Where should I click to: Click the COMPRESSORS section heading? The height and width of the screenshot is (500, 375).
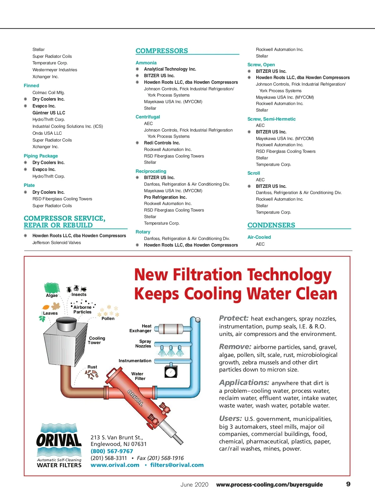(x=162, y=51)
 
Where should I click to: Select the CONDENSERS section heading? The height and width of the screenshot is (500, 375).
(x=271, y=225)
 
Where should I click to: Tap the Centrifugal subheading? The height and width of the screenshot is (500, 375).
(x=148, y=117)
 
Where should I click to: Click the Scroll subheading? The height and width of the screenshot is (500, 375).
(x=254, y=173)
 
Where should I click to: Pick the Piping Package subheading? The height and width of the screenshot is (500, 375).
(x=41, y=156)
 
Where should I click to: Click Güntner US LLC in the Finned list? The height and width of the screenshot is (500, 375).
(x=49, y=113)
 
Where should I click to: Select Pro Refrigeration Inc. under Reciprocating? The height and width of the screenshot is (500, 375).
(x=165, y=197)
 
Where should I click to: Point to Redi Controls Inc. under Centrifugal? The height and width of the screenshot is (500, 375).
(x=162, y=143)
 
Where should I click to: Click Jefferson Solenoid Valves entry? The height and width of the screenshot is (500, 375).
(x=57, y=242)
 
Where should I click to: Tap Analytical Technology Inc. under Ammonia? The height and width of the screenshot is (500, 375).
(x=170, y=69)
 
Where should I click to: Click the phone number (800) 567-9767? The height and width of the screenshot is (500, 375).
(x=112, y=451)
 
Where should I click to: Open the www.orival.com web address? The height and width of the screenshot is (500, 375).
(x=115, y=465)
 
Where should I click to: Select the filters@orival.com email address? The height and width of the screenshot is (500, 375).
(x=177, y=465)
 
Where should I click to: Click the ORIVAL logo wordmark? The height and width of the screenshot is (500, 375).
(x=59, y=440)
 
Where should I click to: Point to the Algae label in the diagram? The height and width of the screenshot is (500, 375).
(x=52, y=295)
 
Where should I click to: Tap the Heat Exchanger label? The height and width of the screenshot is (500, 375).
(x=140, y=328)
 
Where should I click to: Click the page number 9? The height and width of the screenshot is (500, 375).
(x=348, y=484)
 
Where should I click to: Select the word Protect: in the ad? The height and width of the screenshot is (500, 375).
(x=234, y=318)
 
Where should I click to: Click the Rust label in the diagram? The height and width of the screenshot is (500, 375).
(x=92, y=367)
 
